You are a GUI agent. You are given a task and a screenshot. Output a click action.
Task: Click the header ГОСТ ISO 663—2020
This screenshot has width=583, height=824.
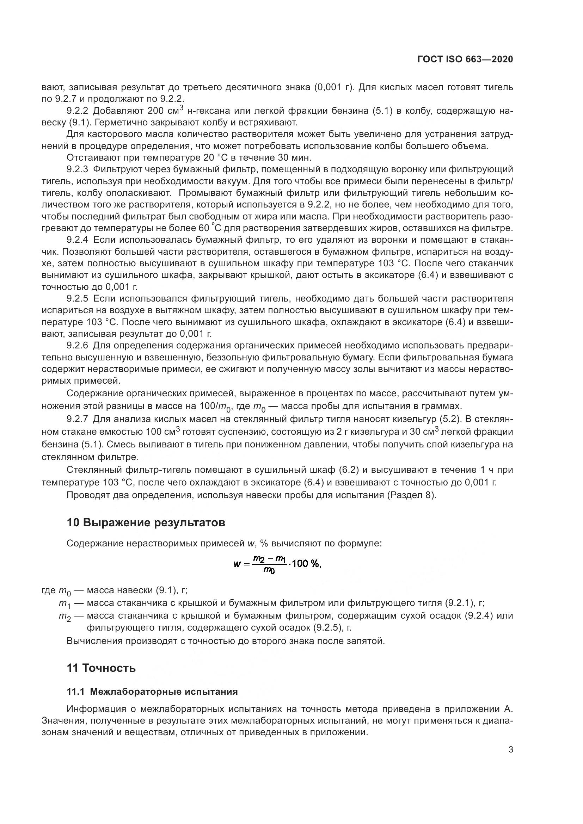[x=465, y=60]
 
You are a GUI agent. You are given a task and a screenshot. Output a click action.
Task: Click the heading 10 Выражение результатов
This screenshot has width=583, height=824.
[x=146, y=522]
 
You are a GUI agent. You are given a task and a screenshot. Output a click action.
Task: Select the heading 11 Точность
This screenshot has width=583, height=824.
[x=101, y=668]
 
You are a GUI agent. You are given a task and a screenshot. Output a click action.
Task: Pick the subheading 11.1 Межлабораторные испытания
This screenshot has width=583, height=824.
[x=152, y=692]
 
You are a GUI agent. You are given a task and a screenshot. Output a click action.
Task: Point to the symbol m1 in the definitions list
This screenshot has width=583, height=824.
[x=65, y=604]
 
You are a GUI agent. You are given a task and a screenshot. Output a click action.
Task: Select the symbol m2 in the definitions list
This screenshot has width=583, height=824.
[x=65, y=617]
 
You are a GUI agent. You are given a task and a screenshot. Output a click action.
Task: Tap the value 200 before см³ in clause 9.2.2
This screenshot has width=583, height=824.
[x=156, y=111]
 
